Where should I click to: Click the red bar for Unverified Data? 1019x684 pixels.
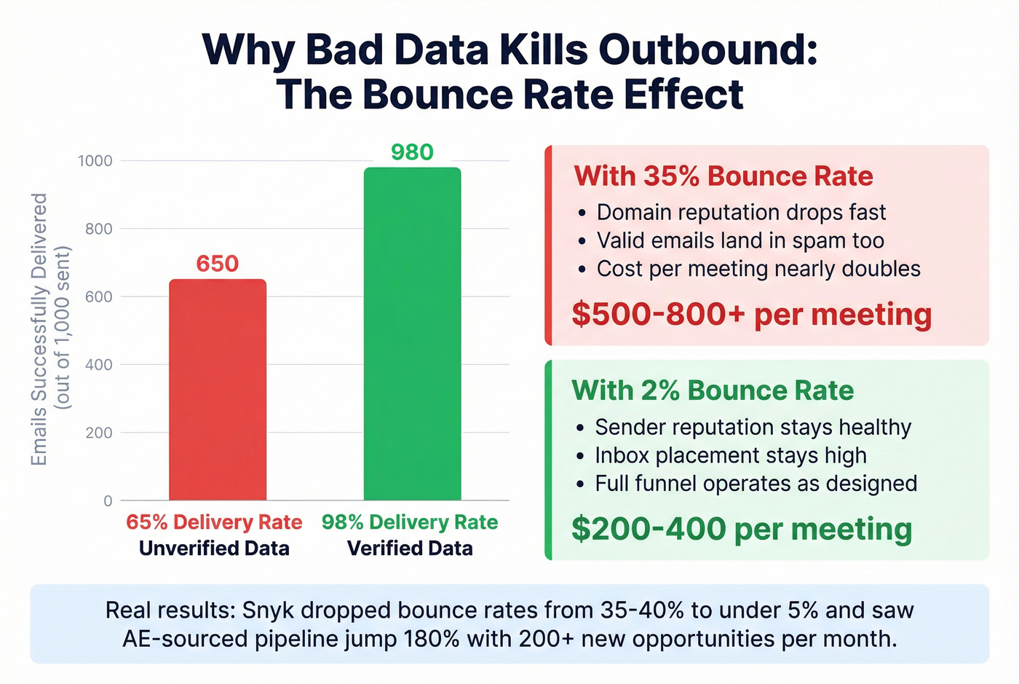click(218, 390)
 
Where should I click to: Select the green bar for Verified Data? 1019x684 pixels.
click(412, 334)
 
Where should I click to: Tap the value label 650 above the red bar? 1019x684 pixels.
click(218, 264)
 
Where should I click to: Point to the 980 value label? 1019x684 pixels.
click(412, 152)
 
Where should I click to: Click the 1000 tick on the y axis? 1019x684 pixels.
click(95, 161)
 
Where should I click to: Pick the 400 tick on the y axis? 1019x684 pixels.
click(99, 365)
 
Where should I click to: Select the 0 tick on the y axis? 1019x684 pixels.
click(108, 501)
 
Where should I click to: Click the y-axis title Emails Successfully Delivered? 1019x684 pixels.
click(39, 329)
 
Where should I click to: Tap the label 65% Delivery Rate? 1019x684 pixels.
click(214, 522)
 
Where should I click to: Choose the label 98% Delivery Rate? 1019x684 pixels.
click(410, 522)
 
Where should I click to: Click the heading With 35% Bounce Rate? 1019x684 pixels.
click(723, 176)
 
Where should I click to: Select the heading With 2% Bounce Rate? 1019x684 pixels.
click(713, 390)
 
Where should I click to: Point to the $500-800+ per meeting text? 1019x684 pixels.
click(751, 314)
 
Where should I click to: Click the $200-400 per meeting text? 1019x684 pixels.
click(741, 529)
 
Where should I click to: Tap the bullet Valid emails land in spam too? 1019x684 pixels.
click(740, 240)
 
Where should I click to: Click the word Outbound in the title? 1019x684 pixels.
click(707, 50)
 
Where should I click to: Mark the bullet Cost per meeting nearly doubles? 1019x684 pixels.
click(758, 269)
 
